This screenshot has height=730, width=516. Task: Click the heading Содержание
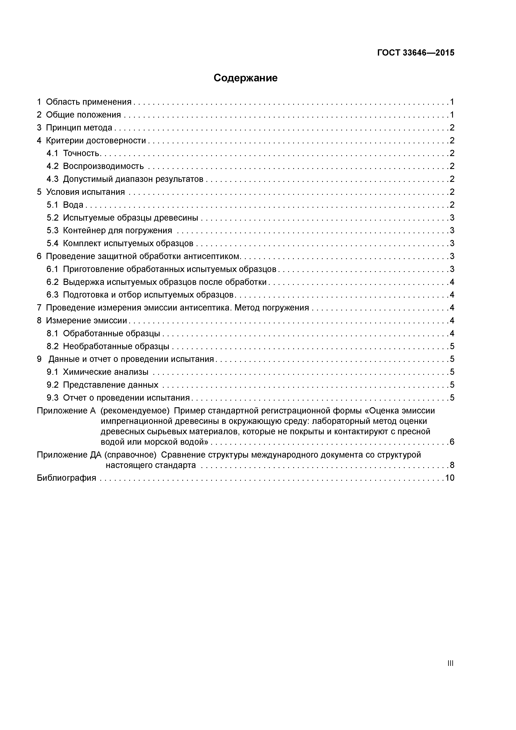246,78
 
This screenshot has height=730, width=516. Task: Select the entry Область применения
88,102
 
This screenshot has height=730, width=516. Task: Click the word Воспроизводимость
103,166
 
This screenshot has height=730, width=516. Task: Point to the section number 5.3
52,230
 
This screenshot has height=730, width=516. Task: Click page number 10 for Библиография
450,478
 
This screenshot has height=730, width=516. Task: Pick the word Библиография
66,478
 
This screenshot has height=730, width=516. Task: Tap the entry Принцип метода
79,128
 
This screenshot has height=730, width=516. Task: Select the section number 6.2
52,282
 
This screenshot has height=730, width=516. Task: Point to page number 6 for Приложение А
452,442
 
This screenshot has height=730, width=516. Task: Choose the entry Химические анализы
105,372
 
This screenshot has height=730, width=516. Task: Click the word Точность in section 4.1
81,153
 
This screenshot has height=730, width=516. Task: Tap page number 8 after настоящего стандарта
452,465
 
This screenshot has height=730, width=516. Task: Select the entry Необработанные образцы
116,346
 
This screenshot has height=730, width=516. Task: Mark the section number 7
39,307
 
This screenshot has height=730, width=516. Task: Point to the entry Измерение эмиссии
86,320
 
